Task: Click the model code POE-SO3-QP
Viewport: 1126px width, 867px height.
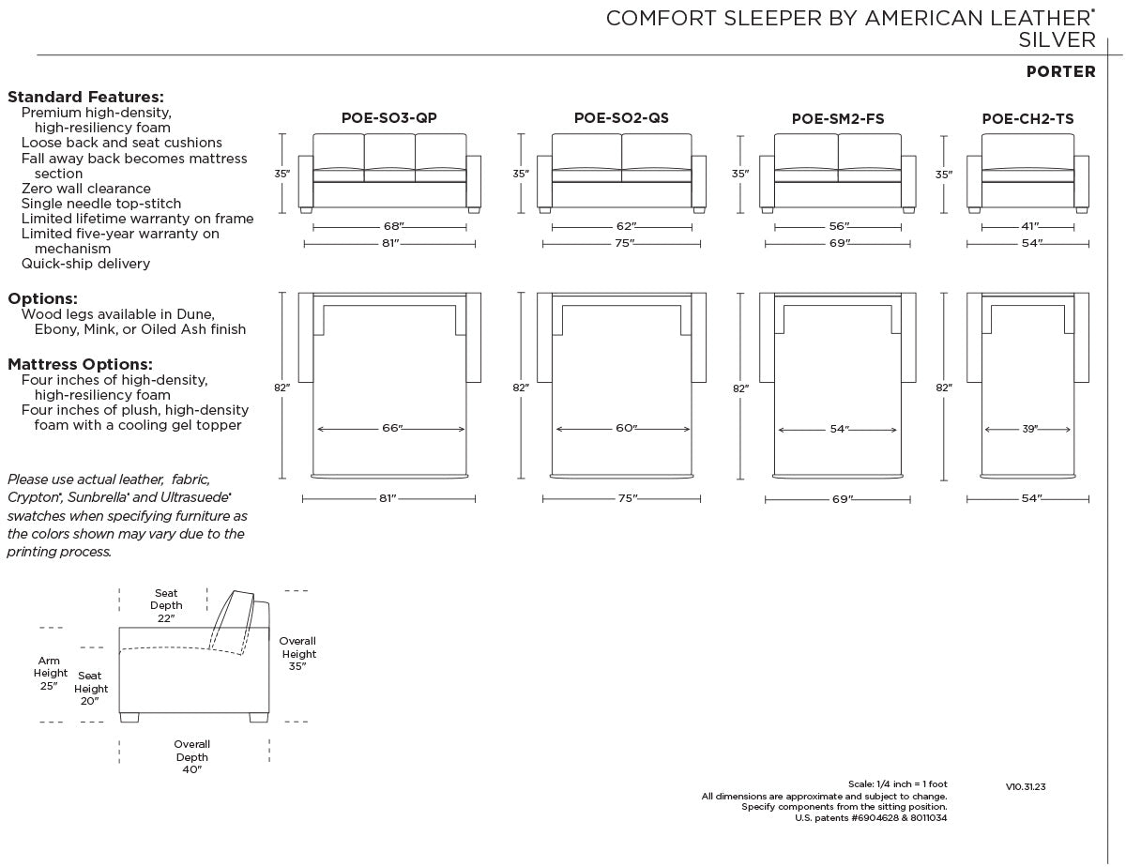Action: [388, 118]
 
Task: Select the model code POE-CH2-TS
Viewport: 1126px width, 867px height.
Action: [1027, 119]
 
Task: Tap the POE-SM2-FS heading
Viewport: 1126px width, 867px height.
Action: [837, 119]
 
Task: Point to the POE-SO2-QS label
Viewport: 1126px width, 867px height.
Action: [621, 118]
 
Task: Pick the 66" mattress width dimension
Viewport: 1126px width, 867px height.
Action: [391, 429]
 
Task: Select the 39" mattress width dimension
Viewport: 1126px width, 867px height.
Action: [1029, 429]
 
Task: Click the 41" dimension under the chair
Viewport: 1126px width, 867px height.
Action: [1028, 227]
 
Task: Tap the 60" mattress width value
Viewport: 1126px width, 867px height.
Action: [626, 429]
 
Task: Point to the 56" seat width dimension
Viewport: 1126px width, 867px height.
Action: [839, 227]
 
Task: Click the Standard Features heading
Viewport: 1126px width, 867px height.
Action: [85, 97]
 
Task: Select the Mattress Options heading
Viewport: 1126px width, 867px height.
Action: [80, 364]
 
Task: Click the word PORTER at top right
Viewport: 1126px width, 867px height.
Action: [1060, 72]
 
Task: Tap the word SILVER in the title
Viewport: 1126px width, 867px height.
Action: [1057, 39]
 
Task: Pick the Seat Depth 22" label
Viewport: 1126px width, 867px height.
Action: [166, 605]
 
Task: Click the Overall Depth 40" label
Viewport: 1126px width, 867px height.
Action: [191, 756]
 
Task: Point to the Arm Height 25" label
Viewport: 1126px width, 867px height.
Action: [51, 673]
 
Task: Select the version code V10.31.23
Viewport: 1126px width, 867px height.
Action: [1025, 787]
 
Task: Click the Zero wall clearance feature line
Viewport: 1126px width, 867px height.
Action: [86, 189]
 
